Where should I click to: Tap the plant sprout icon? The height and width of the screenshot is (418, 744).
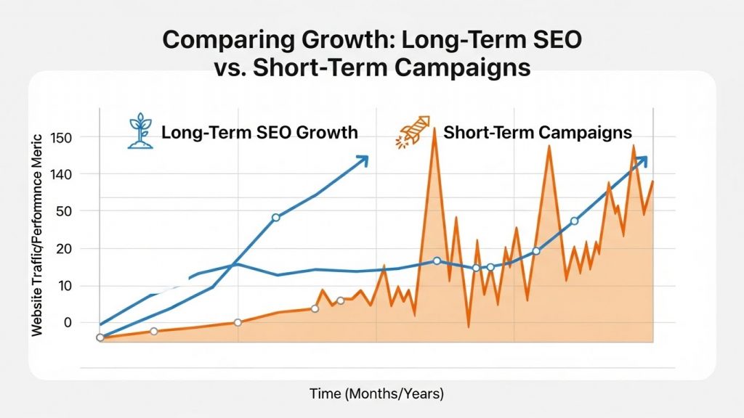click(x=140, y=131)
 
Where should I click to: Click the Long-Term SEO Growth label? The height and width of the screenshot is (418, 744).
click(x=259, y=133)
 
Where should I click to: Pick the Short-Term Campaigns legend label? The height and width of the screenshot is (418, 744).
click(x=537, y=133)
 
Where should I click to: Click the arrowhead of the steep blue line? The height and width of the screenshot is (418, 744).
click(x=363, y=160)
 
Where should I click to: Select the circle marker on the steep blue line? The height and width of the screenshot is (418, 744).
click(x=275, y=218)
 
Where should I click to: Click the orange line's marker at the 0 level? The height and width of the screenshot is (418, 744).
click(x=238, y=322)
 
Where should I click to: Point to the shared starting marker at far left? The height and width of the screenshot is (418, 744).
click(x=100, y=337)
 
